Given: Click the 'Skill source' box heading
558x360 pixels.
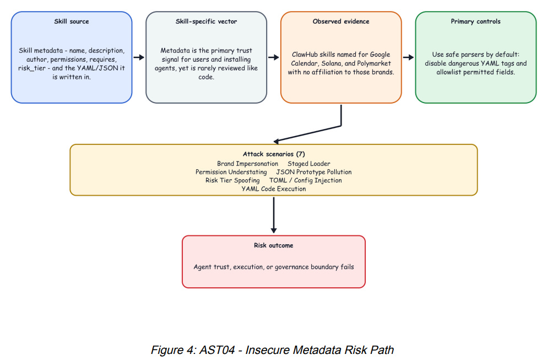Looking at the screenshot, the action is (72, 22).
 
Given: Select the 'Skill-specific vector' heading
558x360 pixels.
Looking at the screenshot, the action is (206, 22).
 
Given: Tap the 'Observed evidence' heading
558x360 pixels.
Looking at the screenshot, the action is (341, 22).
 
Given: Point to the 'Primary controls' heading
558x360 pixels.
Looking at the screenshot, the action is (475, 22).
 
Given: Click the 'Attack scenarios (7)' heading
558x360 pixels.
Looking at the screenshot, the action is (274, 154).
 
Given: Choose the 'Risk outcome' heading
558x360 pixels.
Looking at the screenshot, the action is (274, 245).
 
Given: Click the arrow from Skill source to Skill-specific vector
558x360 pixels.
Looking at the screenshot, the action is (139, 57).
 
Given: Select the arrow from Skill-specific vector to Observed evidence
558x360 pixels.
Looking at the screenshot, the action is (273, 57).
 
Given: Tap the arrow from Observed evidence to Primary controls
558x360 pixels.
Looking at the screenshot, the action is (408, 57).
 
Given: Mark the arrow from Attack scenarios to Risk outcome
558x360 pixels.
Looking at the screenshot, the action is (274, 215).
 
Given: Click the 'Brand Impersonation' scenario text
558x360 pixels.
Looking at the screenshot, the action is (248, 164).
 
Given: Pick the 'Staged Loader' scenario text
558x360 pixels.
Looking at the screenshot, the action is (309, 164).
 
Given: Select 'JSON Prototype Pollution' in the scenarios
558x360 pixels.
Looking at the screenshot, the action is (314, 172).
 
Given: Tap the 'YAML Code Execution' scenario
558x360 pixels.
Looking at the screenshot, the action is (274, 189).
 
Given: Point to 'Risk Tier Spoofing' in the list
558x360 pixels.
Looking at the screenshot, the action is (232, 180).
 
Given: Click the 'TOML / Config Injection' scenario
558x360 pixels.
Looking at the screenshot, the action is (305, 180).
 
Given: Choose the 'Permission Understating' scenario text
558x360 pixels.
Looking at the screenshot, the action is (231, 172).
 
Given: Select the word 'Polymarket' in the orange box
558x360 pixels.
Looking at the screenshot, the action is (374, 63).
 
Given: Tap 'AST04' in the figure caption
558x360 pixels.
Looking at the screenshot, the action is (217, 350).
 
